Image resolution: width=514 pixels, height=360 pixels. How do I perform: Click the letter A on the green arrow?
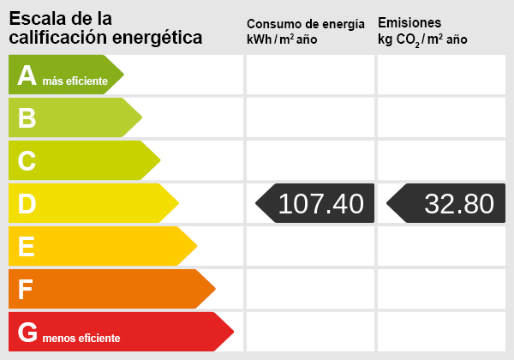pyautogui.click(x=27, y=76)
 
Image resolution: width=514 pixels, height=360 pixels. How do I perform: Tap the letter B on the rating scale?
pyautogui.click(x=27, y=118)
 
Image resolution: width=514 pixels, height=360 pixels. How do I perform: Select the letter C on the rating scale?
pyautogui.click(x=27, y=161)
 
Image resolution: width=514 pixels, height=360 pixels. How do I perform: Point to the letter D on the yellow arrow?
pyautogui.click(x=27, y=204)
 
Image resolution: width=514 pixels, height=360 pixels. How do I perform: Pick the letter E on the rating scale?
pyautogui.click(x=27, y=247)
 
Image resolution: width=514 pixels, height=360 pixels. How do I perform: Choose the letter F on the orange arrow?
pyautogui.click(x=26, y=290)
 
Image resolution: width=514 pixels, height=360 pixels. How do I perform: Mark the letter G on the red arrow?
pyautogui.click(x=28, y=333)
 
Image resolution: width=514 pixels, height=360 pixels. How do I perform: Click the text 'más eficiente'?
pyautogui.click(x=75, y=81)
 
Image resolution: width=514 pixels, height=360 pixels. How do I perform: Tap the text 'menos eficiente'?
pyautogui.click(x=81, y=338)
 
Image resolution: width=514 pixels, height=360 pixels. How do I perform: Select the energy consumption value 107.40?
pyautogui.click(x=321, y=204)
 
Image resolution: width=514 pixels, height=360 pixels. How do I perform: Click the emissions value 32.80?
pyautogui.click(x=459, y=204)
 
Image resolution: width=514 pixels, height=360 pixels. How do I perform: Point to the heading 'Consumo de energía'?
pyautogui.click(x=305, y=24)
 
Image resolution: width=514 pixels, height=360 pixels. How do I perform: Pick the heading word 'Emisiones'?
pyautogui.click(x=409, y=23)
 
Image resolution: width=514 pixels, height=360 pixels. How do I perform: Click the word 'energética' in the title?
pyautogui.click(x=161, y=38)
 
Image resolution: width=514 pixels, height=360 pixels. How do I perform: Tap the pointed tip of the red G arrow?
pyautogui.click(x=232, y=332)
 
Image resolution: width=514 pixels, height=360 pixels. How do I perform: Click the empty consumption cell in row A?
pyautogui.click(x=310, y=75)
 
